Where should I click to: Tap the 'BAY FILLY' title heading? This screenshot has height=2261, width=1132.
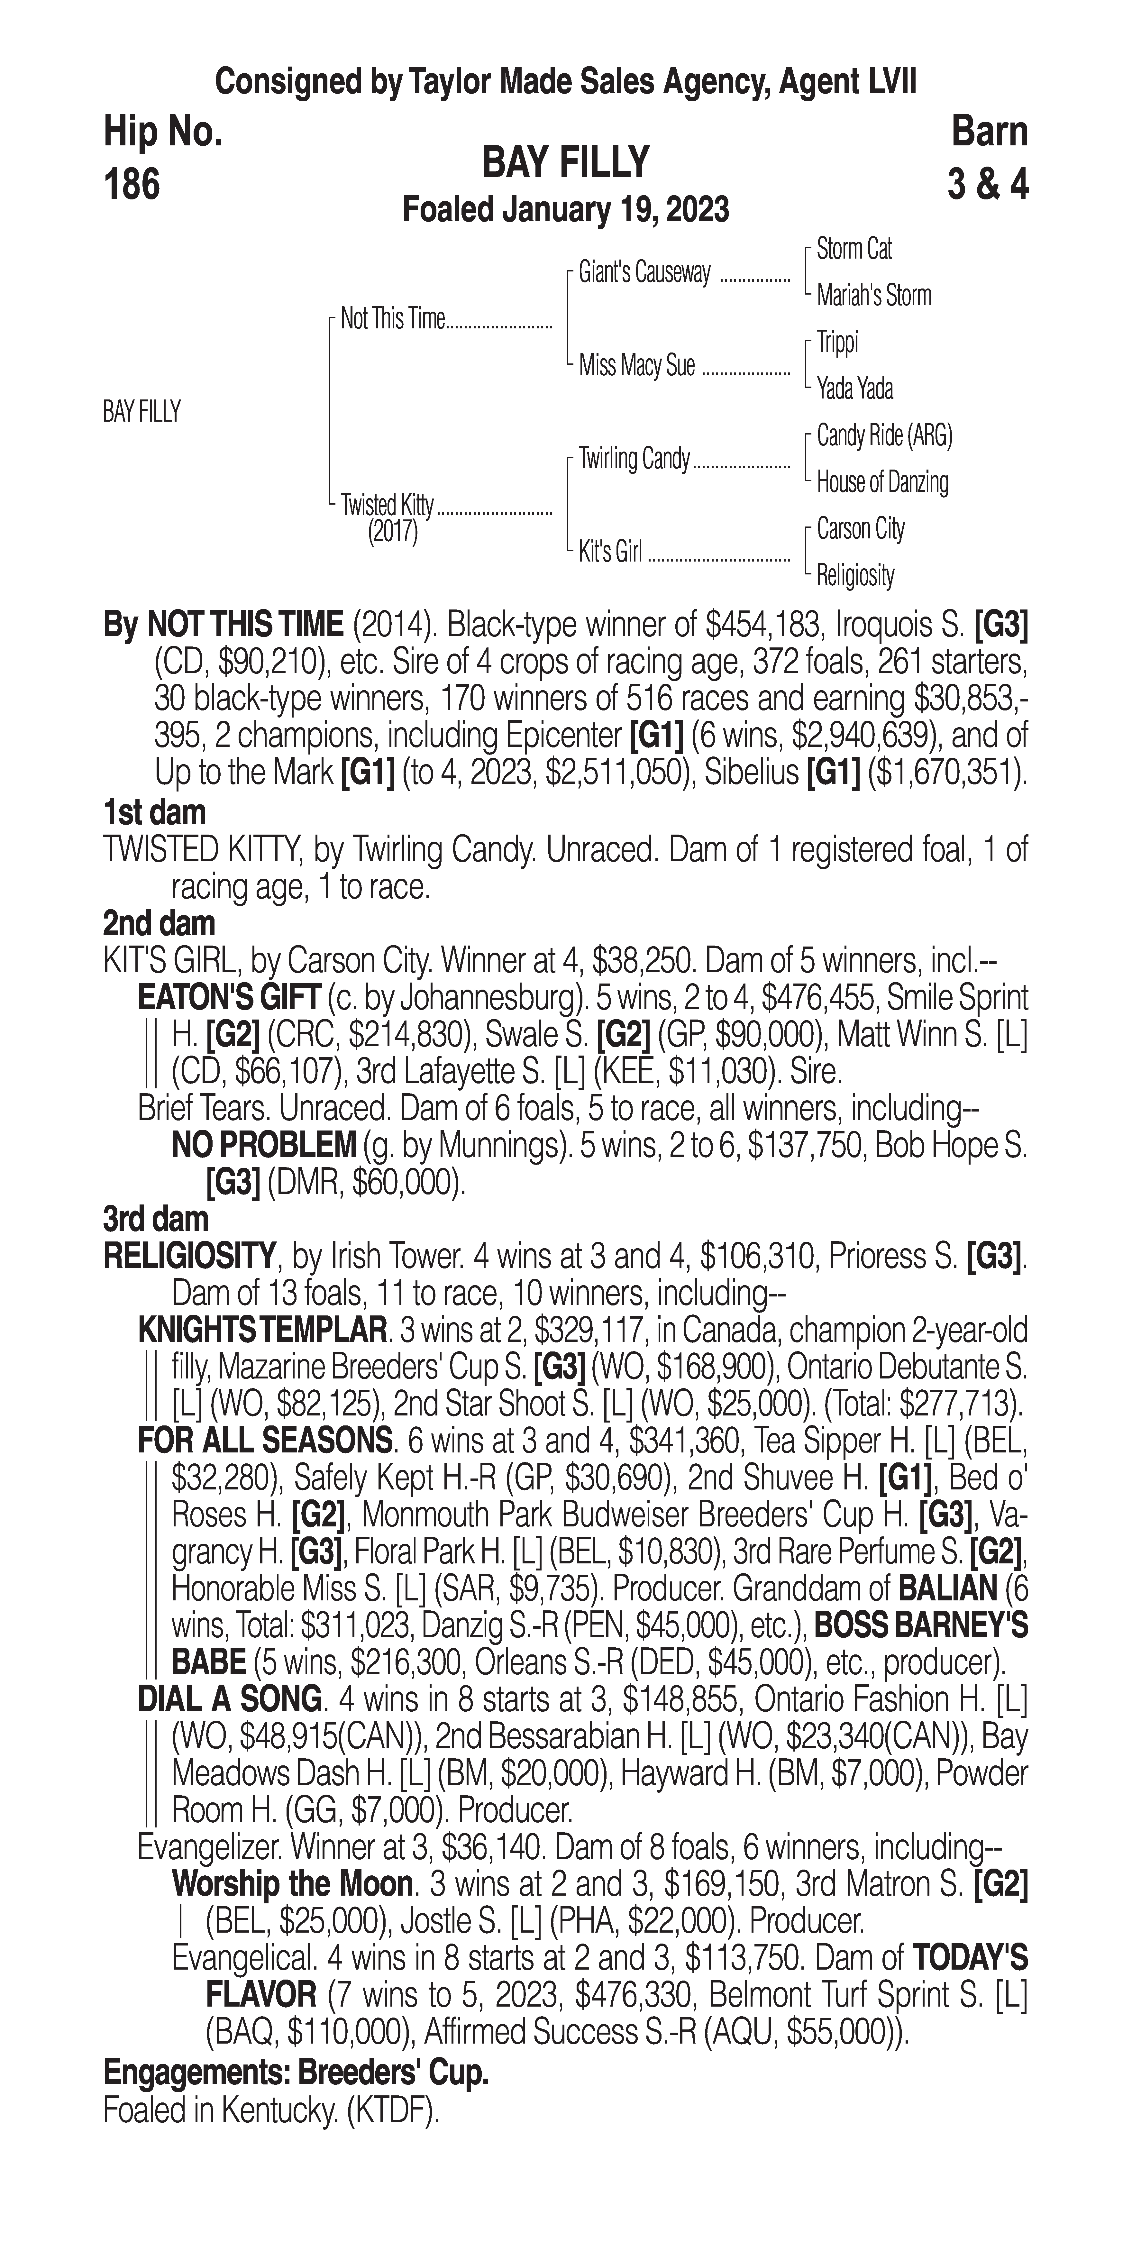pyautogui.click(x=565, y=162)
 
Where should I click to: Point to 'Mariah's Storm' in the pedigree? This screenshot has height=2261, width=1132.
pyautogui.click(x=873, y=296)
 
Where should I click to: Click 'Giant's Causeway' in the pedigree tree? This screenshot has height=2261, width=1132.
pyautogui.click(x=644, y=273)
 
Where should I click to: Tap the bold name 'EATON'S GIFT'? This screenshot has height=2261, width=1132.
pyautogui.click(x=231, y=998)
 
